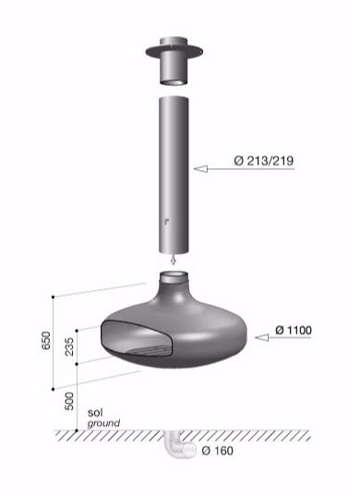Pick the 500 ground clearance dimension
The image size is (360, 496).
(x=70, y=399)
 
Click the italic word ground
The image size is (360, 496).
(x=103, y=424)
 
